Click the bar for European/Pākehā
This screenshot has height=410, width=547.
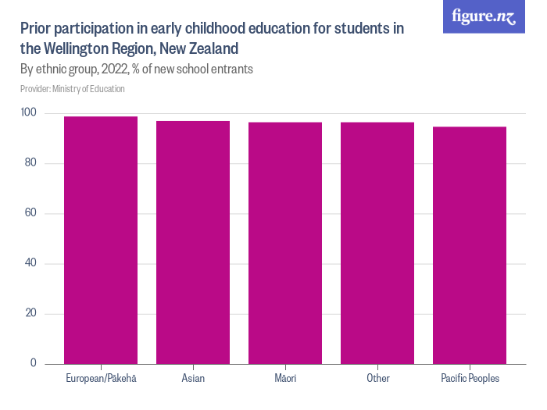point(101,240)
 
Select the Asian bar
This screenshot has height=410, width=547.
point(193,242)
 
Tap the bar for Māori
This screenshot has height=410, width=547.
point(285,243)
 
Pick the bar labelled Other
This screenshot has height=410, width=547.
point(377,243)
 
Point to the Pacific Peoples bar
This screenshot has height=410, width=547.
point(470,245)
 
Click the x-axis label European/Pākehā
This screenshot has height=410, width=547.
point(101,379)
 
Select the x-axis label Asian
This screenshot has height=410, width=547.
point(193,379)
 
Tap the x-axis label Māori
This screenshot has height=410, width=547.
point(285,379)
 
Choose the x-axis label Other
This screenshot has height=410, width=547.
point(377,379)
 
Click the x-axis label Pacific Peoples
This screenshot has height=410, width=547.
point(470,379)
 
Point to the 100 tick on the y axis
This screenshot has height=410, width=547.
point(29,113)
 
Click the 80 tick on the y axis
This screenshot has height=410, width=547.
point(31,163)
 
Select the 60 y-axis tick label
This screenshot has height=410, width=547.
point(31,213)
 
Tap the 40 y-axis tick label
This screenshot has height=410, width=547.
point(31,263)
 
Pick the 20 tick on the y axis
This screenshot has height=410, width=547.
point(31,313)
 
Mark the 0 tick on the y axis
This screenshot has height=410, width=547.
point(34,363)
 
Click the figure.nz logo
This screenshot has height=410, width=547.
point(484,16)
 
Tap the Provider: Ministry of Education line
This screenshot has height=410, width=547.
point(73,89)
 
